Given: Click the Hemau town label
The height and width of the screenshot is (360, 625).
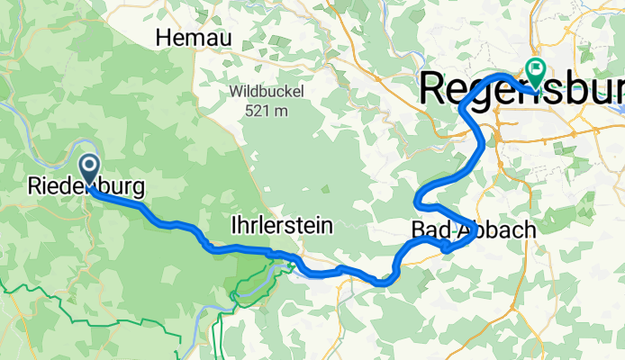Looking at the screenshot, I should [x=194, y=38].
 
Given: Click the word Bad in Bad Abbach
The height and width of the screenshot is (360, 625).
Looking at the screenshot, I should [x=429, y=229].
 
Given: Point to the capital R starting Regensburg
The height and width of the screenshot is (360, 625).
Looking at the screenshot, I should [x=435, y=88].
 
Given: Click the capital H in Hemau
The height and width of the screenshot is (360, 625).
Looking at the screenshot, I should [x=164, y=38].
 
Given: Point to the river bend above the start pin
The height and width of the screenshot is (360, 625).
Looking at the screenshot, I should [x=86, y=144].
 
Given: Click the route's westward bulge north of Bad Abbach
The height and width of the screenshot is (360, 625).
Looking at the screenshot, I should [x=418, y=200].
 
